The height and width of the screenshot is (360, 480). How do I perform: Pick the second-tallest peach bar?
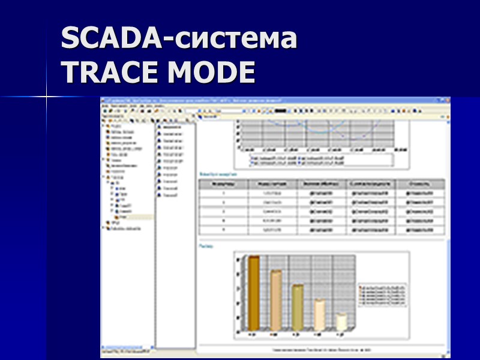275,300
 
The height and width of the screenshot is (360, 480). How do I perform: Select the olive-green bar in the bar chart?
298,307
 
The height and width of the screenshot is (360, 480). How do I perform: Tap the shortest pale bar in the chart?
341,322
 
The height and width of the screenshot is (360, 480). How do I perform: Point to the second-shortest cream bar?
319,314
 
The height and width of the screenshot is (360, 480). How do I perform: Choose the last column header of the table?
418,183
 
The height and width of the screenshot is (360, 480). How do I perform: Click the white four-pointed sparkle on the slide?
47,96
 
